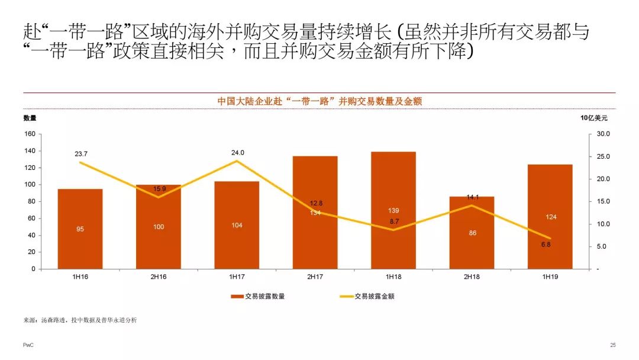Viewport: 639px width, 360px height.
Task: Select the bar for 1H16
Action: (x=80, y=229)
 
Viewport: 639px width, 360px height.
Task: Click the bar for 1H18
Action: (x=393, y=210)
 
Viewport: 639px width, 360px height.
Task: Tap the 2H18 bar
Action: (x=472, y=233)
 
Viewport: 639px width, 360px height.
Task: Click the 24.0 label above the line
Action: (x=237, y=153)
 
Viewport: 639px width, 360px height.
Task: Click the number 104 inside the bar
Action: (x=237, y=226)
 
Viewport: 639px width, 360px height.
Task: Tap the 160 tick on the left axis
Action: (x=30, y=134)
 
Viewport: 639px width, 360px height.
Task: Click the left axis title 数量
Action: (x=30, y=118)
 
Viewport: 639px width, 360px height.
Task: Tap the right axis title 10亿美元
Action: (x=593, y=118)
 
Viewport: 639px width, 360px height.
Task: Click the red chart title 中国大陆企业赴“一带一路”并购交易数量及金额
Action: (x=319, y=101)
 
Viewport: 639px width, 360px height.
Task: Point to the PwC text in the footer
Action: (x=28, y=345)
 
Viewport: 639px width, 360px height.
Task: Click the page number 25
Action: (x=612, y=345)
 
